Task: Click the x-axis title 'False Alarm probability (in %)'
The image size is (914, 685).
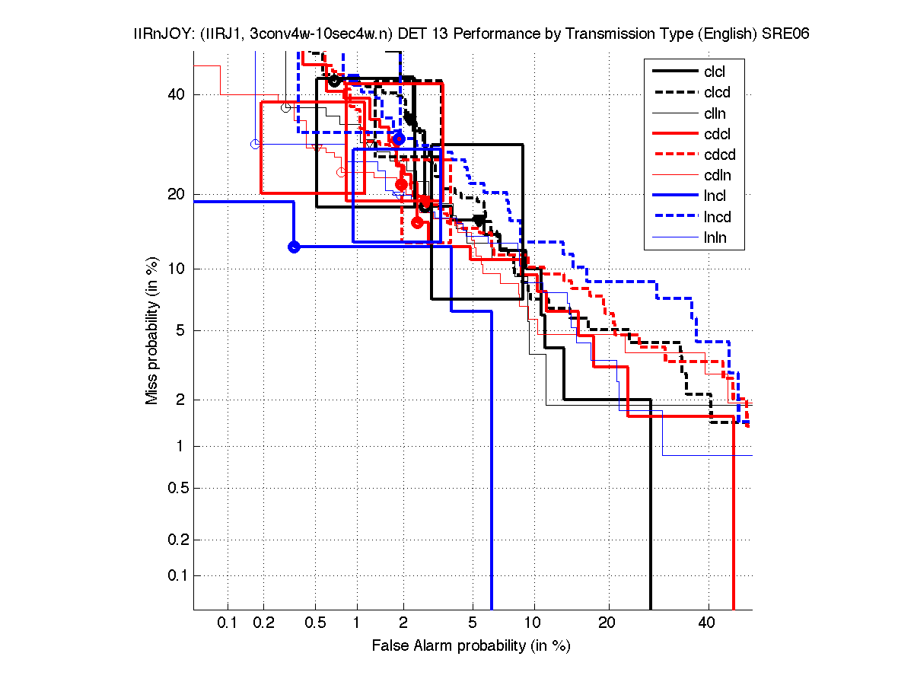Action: (x=470, y=646)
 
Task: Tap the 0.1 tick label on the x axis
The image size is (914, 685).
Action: (x=228, y=623)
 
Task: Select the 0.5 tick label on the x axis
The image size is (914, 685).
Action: (x=315, y=623)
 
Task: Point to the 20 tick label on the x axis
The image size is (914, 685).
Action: (x=607, y=623)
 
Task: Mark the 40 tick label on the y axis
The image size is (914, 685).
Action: (x=177, y=94)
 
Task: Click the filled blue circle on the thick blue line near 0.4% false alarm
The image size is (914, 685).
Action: (x=294, y=247)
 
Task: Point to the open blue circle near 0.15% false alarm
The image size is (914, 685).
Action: (x=256, y=144)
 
